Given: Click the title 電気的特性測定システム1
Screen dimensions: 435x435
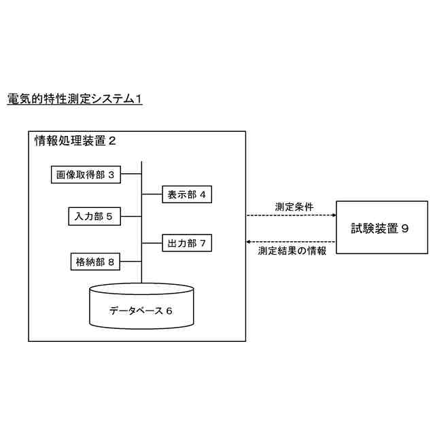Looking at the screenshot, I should tap(74, 99).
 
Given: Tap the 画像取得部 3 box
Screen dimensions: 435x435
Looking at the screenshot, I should tap(86, 175).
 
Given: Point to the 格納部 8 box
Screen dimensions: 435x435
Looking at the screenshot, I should tap(96, 260).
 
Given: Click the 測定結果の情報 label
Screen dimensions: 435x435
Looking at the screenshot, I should tap(292, 251).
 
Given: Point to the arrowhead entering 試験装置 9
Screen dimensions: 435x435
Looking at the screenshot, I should tap(333, 215).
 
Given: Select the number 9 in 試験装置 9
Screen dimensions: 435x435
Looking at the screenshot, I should tap(405, 229).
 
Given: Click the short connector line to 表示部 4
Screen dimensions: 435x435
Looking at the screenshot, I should tap(151, 195).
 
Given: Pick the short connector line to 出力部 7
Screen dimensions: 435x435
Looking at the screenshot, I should tap(151, 242).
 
